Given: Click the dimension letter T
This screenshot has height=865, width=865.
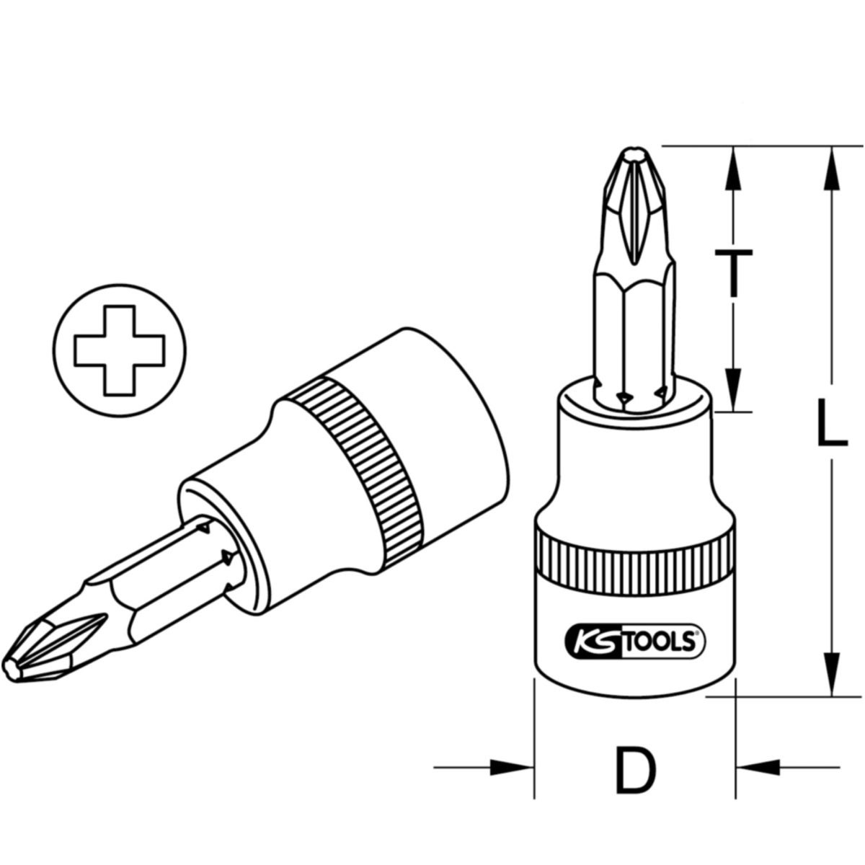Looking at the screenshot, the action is [x=733, y=274].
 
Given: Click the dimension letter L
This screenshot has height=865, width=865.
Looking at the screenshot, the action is [x=832, y=423].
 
